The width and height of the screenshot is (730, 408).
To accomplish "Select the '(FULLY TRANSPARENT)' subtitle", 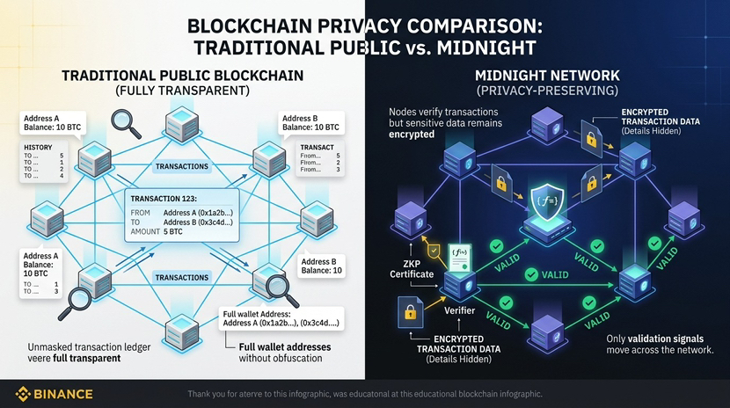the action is (x=182, y=90).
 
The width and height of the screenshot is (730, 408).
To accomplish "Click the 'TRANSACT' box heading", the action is (x=317, y=147).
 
